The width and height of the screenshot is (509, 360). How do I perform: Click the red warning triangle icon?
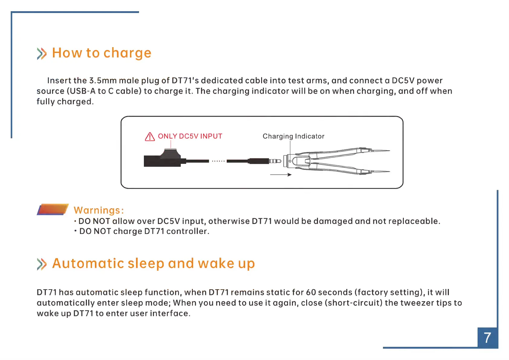point(150,137)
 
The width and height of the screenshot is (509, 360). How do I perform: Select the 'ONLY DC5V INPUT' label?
point(190,136)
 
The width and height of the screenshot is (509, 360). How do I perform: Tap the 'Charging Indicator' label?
point(293,136)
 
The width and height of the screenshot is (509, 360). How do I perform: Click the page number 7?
point(487,338)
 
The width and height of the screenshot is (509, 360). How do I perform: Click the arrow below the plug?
point(280,174)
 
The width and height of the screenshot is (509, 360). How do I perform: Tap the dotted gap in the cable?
point(218,161)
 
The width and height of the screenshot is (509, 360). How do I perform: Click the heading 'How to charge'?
point(102,53)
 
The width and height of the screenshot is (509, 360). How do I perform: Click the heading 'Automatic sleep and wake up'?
point(153,264)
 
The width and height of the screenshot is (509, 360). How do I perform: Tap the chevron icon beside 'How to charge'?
point(42,54)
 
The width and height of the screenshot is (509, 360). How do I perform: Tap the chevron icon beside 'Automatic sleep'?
point(42,264)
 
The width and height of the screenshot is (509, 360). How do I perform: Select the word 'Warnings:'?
point(99,210)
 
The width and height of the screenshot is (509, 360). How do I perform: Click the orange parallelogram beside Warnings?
point(53,209)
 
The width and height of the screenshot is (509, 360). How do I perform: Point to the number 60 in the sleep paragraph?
point(311,292)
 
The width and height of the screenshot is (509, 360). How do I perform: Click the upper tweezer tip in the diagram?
point(389,151)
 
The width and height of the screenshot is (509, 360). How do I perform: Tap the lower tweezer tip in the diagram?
point(389,171)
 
